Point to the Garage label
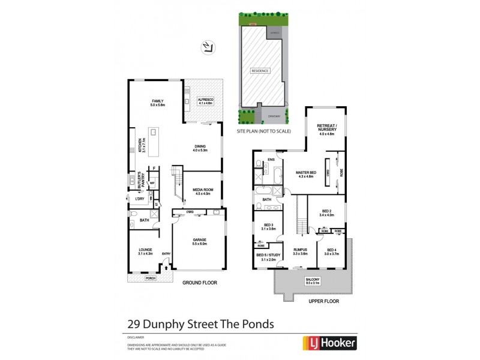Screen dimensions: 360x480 click(199, 241)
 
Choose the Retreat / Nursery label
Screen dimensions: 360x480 click(326, 128)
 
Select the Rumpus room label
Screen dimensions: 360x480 click(300, 252)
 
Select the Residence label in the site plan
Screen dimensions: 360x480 click(260, 70)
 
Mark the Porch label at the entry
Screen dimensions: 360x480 click(150, 279)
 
